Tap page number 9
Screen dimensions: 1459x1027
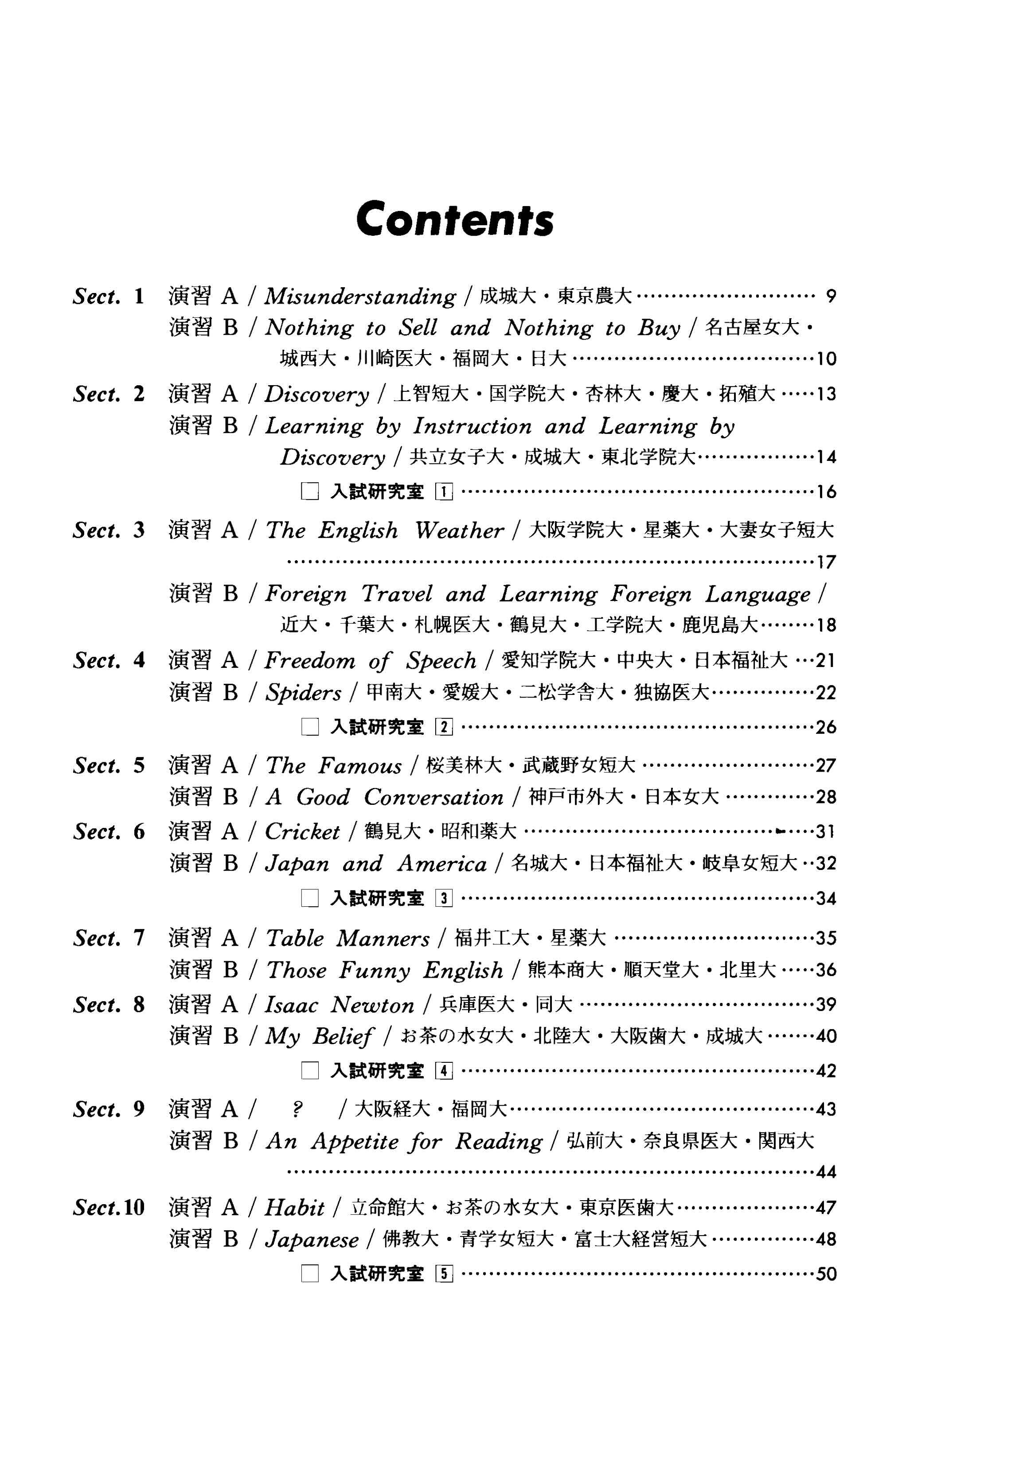pos(831,296)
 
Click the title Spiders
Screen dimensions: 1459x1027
pos(303,693)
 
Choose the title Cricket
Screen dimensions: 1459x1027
pos(302,832)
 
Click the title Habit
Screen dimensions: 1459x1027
pos(294,1207)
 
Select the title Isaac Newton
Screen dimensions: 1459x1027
pos(340,1005)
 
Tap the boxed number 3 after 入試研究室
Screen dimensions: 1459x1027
pos(444,898)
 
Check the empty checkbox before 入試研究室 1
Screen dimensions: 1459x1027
pos(309,492)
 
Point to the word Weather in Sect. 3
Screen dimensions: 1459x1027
pos(459,531)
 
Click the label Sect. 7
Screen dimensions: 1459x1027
pos(109,938)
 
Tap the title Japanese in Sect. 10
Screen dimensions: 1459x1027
pos(312,1240)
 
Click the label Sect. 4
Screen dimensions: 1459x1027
pos(109,661)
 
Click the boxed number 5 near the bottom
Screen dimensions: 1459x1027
pos(444,1274)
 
